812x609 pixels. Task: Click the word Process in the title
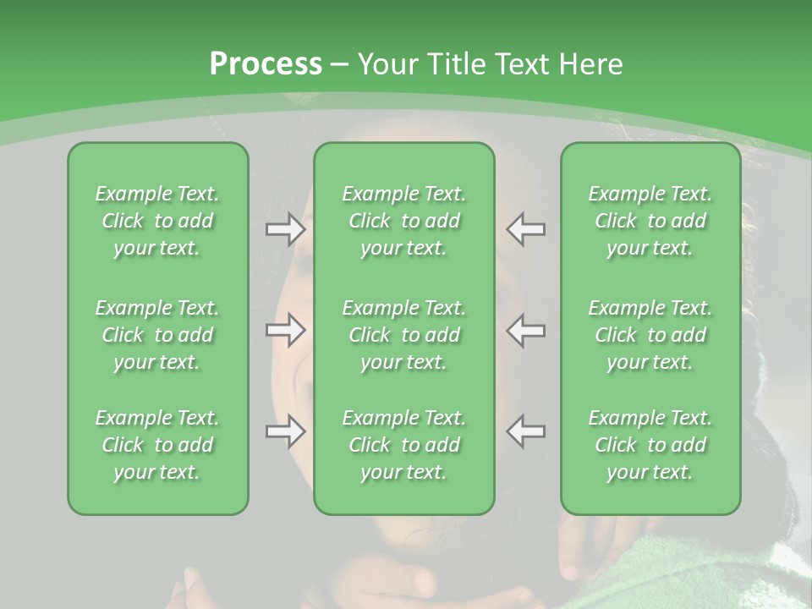tap(266, 64)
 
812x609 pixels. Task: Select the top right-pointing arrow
tap(286, 229)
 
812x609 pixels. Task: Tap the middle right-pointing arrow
tap(286, 330)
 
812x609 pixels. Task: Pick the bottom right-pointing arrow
tap(286, 431)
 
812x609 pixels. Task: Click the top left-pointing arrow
tap(525, 229)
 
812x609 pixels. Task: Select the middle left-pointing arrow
tap(525, 330)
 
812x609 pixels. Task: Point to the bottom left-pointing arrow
tap(525, 431)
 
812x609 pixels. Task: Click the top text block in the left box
tap(157, 221)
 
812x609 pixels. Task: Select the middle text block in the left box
tap(157, 335)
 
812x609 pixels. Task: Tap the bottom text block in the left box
tap(157, 445)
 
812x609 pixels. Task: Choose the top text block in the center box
tap(403, 221)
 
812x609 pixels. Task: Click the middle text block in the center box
tap(403, 335)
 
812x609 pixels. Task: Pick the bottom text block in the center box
tap(403, 445)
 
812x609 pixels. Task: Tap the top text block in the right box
tap(650, 221)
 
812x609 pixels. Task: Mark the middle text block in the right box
tap(650, 335)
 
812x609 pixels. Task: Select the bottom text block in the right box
tap(650, 445)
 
